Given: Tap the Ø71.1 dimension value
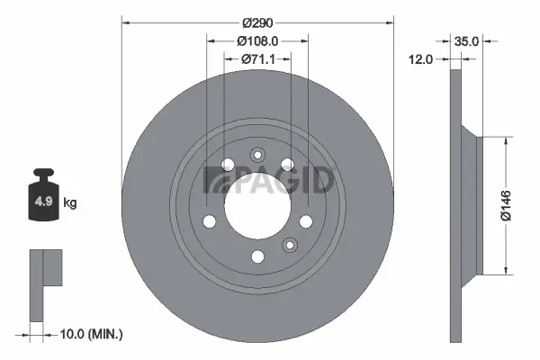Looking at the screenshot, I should click(x=257, y=58).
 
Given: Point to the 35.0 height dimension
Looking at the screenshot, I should click(x=467, y=40).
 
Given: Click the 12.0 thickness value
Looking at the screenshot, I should click(x=421, y=58).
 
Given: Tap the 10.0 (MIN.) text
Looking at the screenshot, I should click(x=89, y=334).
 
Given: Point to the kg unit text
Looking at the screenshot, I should click(x=69, y=203).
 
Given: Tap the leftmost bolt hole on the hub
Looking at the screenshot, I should click(x=209, y=221).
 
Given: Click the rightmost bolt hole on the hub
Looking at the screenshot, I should click(x=306, y=221).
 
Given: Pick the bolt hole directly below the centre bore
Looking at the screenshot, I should click(x=257, y=257).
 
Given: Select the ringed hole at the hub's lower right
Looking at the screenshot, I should click(x=290, y=244).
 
